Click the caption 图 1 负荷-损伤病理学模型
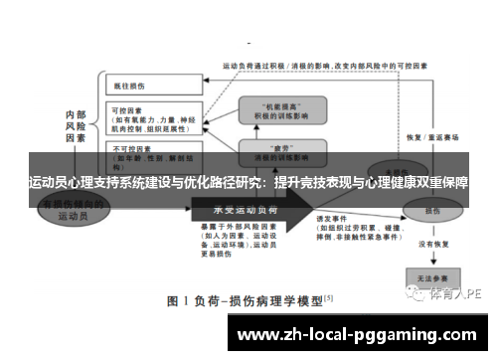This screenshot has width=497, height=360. (x=248, y=299)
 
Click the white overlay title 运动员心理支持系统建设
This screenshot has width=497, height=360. (x=248, y=184)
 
